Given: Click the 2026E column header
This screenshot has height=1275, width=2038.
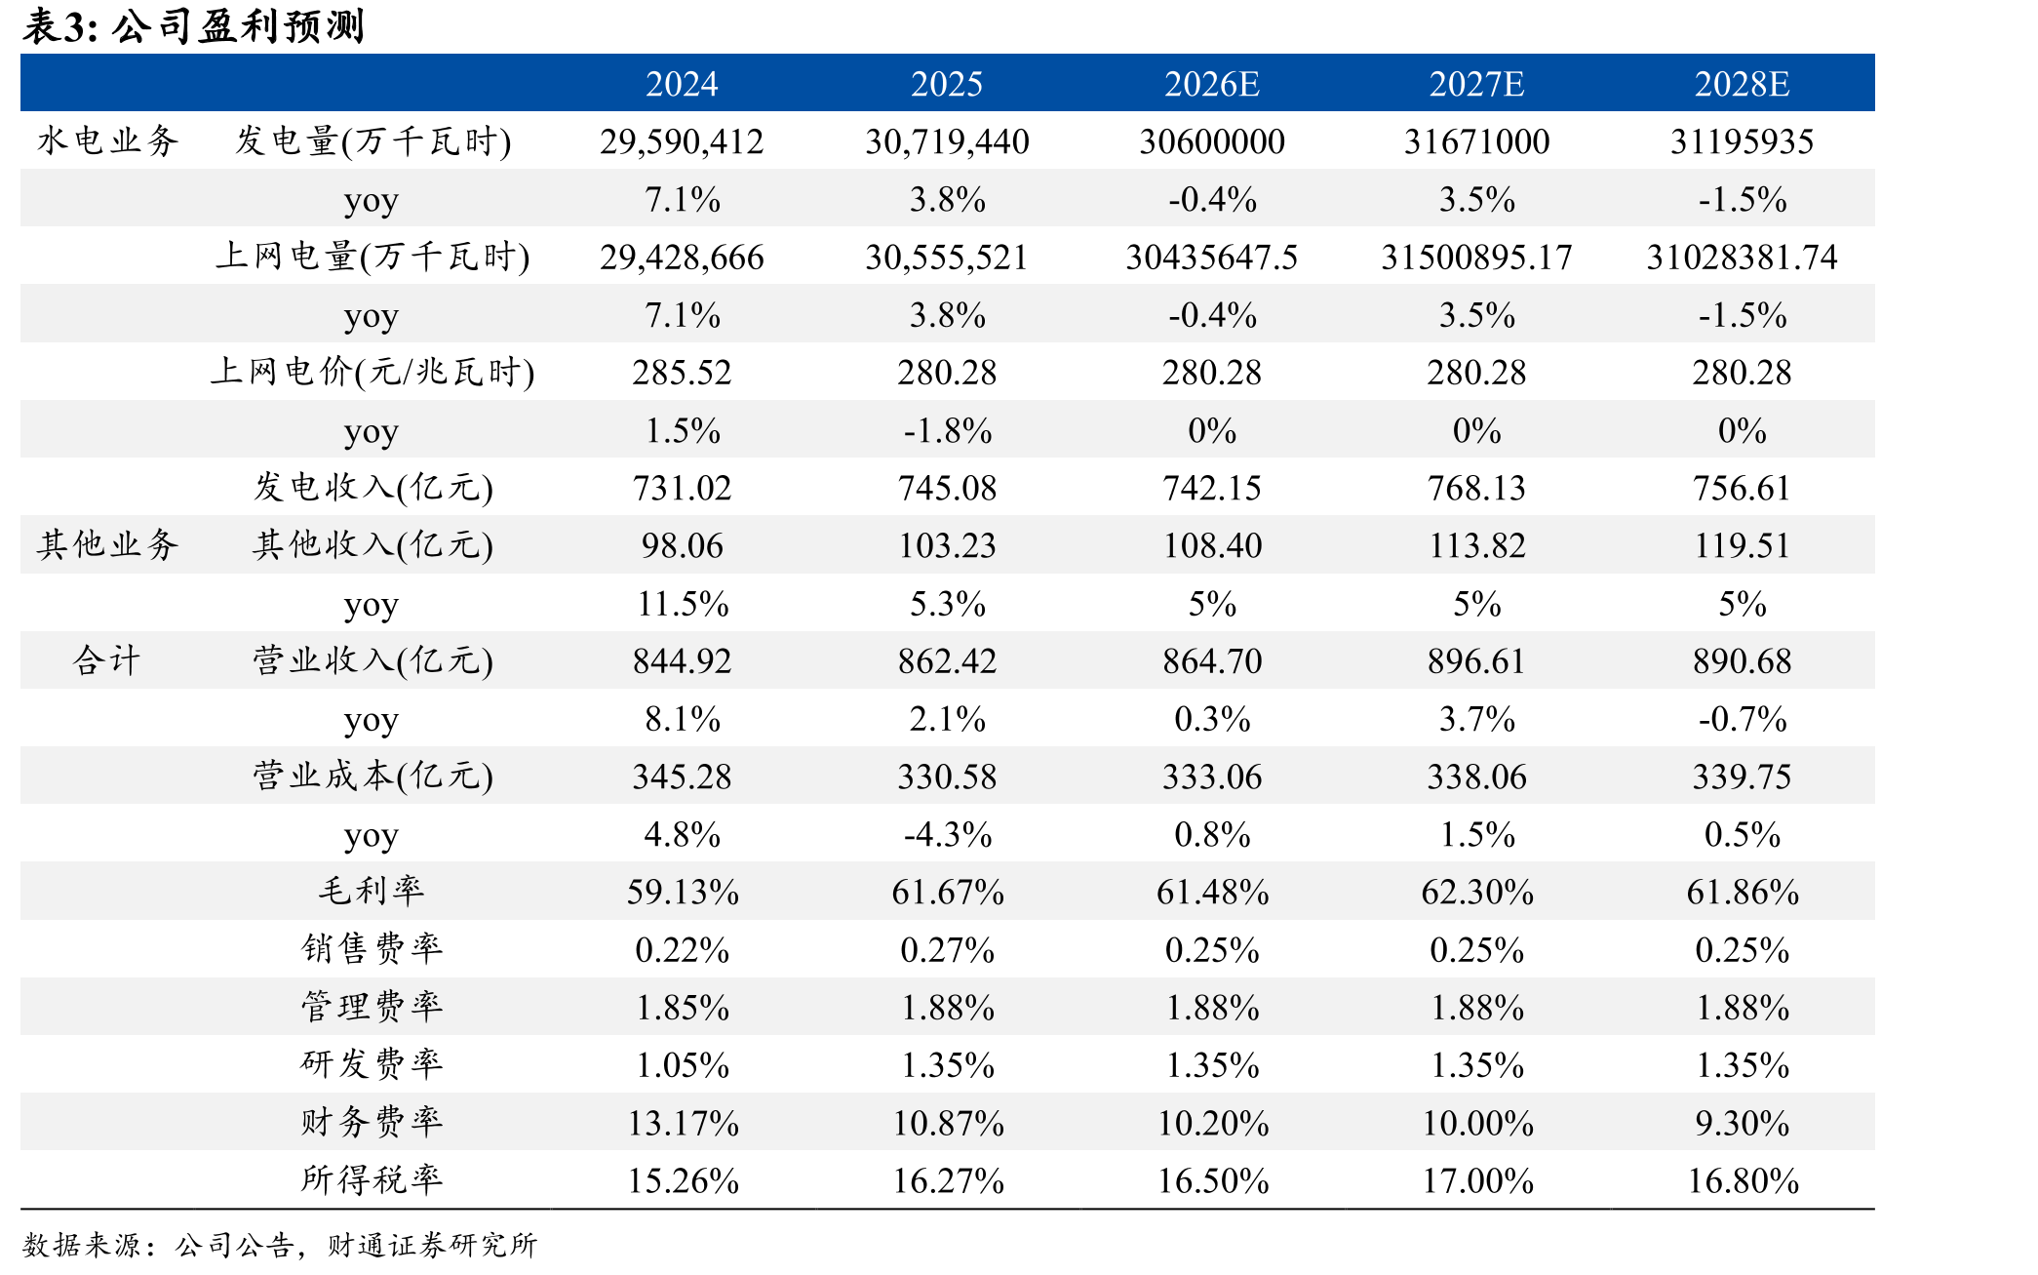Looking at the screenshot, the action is pyautogui.click(x=1211, y=84).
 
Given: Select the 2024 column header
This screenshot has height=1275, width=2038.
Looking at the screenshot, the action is pyautogui.click(x=682, y=84).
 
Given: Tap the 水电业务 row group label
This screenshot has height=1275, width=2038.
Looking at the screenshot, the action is pyautogui.click(x=107, y=141).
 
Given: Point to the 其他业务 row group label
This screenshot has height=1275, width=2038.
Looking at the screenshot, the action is pyautogui.click(x=107, y=544).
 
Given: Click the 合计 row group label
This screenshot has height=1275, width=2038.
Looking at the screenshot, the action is pyautogui.click(x=107, y=660).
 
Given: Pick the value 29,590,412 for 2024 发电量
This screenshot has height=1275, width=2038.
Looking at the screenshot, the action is pyautogui.click(x=682, y=141).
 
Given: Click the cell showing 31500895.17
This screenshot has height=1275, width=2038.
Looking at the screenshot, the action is pyautogui.click(x=1476, y=258).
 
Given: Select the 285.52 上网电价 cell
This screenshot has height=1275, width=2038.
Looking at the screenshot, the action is pyautogui.click(x=682, y=373).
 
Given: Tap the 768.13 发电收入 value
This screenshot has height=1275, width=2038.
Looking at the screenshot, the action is pyautogui.click(x=1476, y=488).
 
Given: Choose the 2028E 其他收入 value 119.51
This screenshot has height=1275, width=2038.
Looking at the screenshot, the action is pyautogui.click(x=1742, y=545).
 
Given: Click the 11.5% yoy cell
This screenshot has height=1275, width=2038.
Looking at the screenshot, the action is pyautogui.click(x=682, y=604).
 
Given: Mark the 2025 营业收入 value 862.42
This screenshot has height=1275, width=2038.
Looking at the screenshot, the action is pyautogui.click(x=947, y=661).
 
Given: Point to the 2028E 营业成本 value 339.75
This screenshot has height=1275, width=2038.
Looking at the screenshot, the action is pyautogui.click(x=1742, y=777).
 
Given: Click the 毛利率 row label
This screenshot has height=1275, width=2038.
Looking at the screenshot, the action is pyautogui.click(x=372, y=891).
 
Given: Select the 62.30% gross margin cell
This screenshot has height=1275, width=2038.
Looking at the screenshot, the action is pyautogui.click(x=1476, y=893).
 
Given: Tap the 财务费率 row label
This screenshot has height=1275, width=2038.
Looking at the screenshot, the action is pyautogui.click(x=372, y=1122).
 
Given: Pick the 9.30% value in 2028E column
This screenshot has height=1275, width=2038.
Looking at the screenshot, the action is pyautogui.click(x=1742, y=1124).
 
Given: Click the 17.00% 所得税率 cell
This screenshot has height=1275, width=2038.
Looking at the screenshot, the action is pyautogui.click(x=1476, y=1181).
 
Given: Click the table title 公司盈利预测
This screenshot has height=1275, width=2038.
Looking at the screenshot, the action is pyautogui.click(x=238, y=26).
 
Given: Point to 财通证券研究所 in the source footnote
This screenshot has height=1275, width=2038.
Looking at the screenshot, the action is pyautogui.click(x=432, y=1245).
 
